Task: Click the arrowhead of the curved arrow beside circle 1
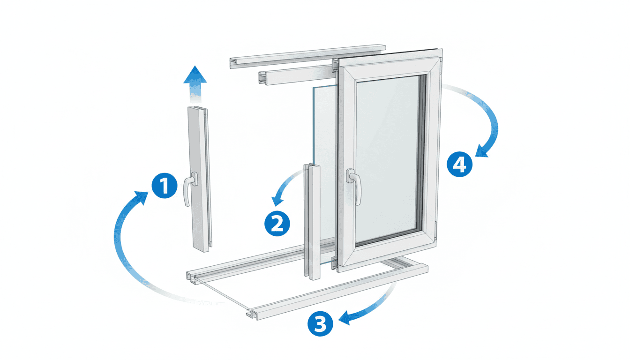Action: pos(142,197)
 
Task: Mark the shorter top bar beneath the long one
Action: pos(295,74)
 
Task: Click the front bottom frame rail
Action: pos(337,293)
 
